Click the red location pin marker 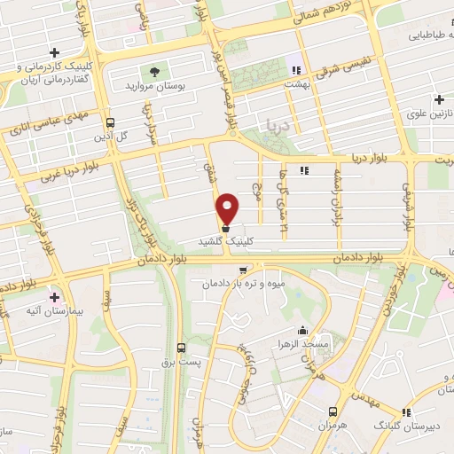228,209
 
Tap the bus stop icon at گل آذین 110,123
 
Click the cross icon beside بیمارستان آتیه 55,296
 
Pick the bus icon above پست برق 181,348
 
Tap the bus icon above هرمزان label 333,411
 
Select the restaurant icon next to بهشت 296,68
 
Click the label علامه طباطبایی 425,36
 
